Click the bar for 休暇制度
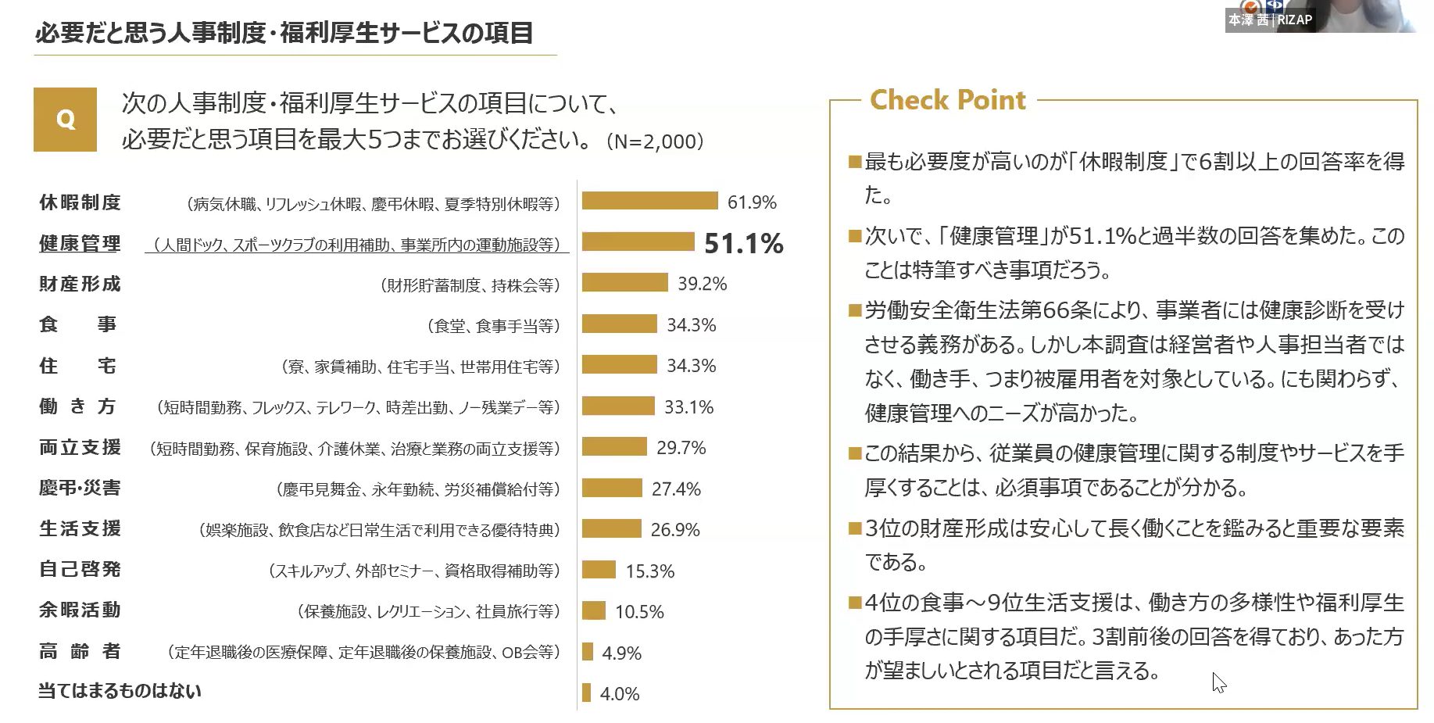[649, 202]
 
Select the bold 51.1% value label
[743, 244]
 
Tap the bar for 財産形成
[624, 283]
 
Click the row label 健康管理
[80, 244]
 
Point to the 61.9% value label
[752, 202]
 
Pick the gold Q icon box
[65, 120]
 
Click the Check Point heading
[947, 100]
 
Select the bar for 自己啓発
[599, 570]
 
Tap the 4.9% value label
[621, 653]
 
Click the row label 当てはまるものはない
[120, 691]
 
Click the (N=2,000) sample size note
[655, 141]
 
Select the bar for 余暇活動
[594, 610]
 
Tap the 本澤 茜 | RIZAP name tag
[1270, 20]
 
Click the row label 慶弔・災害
[80, 489]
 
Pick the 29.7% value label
[681, 448]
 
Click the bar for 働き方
[617, 406]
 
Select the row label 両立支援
[80, 448]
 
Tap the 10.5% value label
[639, 612]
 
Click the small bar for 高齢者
[588, 652]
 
